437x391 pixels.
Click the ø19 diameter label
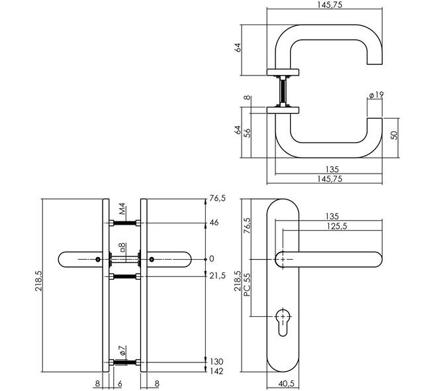click(x=376, y=95)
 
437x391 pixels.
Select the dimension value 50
click(x=394, y=135)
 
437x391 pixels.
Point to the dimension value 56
click(x=247, y=133)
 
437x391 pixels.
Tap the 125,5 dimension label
click(x=337, y=226)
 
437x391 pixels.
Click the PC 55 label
click(x=247, y=284)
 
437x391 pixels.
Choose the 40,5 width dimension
click(x=286, y=384)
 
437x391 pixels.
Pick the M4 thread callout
click(x=122, y=209)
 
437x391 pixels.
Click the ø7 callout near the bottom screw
click(x=122, y=351)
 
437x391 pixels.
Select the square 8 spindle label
click(x=122, y=247)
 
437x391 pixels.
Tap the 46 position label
click(x=214, y=223)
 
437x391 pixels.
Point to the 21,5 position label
click(x=217, y=276)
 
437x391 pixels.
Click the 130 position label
click(x=217, y=362)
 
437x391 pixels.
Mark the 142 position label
click(x=217, y=371)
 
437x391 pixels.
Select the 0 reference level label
click(x=212, y=259)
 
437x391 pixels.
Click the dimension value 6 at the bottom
click(x=120, y=384)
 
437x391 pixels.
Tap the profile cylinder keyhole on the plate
click(x=283, y=321)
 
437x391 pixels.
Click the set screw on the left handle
click(x=97, y=260)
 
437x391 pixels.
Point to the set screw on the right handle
click(x=152, y=260)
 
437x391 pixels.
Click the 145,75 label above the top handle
click(x=330, y=5)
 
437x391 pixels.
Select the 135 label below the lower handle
click(x=332, y=169)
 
